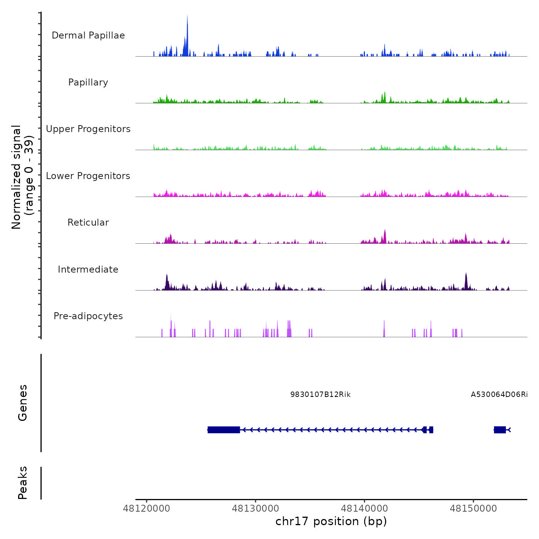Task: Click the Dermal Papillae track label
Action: pyautogui.click(x=88, y=35)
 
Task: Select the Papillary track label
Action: pyautogui.click(x=88, y=82)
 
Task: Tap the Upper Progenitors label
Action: pyautogui.click(x=88, y=129)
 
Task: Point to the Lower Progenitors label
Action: pyautogui.click(x=88, y=176)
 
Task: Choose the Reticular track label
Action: pyautogui.click(x=88, y=223)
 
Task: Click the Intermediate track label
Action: pyautogui.click(x=88, y=269)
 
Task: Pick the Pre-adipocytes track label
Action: pyautogui.click(x=88, y=316)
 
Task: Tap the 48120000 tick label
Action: pyautogui.click(x=146, y=509)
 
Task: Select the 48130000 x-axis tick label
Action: pyautogui.click(x=255, y=509)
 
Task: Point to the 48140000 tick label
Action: pyautogui.click(x=364, y=509)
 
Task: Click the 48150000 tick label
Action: pyautogui.click(x=473, y=509)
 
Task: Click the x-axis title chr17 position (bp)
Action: pyautogui.click(x=331, y=521)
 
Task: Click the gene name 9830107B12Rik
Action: pyautogui.click(x=320, y=395)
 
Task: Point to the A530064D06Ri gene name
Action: pyautogui.click(x=499, y=395)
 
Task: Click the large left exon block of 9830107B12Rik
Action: pyautogui.click(x=224, y=430)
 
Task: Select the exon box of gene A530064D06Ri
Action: pyautogui.click(x=500, y=430)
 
